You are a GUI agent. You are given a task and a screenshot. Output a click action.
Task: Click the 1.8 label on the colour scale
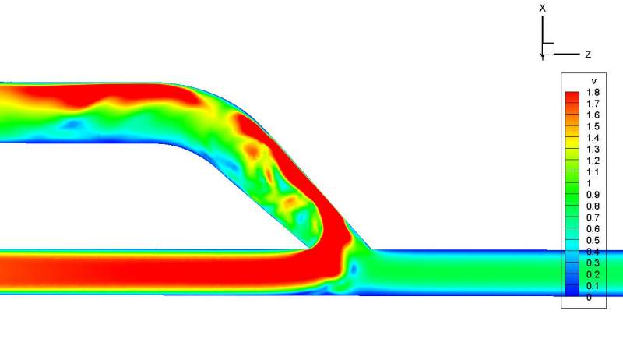pos(593,92)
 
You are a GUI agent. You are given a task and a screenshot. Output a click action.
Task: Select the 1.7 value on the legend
pos(593,104)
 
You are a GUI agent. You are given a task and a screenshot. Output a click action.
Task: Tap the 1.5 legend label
pos(593,126)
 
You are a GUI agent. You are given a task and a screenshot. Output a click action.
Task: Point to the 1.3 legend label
pos(593,150)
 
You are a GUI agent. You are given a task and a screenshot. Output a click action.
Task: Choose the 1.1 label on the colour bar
pos(593,172)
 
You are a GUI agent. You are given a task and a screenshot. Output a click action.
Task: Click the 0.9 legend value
pos(593,195)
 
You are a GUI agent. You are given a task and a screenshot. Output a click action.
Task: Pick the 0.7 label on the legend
pos(593,217)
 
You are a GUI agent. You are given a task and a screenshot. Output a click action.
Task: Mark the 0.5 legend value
pos(593,241)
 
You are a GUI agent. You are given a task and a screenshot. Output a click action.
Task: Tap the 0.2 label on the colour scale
pos(593,274)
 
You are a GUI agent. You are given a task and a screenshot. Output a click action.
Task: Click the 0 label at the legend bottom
pos(589,297)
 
